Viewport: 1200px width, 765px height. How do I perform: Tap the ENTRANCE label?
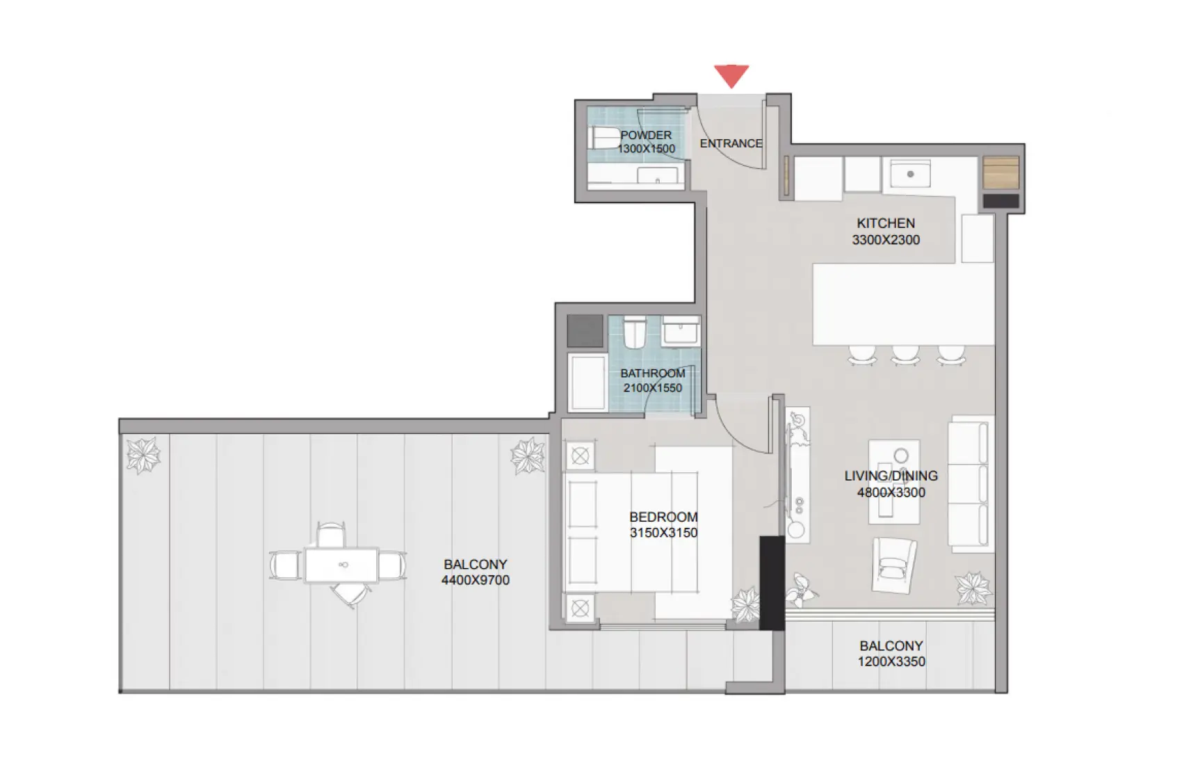731,143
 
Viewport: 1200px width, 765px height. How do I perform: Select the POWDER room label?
646,135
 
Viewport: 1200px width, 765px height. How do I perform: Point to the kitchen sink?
909,174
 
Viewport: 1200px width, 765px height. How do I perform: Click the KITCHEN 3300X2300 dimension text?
886,240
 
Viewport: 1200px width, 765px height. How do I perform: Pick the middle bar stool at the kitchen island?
905,355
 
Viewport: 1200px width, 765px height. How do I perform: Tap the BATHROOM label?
652,373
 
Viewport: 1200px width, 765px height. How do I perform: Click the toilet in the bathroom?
634,332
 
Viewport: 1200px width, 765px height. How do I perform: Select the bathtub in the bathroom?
587,382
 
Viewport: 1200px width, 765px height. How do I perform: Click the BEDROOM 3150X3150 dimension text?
663,533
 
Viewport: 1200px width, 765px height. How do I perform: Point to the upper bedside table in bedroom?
580,457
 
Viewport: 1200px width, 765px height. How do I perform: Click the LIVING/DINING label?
891,476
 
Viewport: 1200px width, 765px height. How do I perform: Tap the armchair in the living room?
893,565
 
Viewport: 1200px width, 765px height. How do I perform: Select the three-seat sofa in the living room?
971,484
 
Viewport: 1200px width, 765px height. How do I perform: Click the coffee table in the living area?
894,481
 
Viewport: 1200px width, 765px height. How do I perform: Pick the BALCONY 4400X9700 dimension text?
476,580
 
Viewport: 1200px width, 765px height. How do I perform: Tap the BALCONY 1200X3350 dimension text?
891,661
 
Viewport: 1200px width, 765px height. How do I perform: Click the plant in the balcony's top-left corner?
143,456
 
